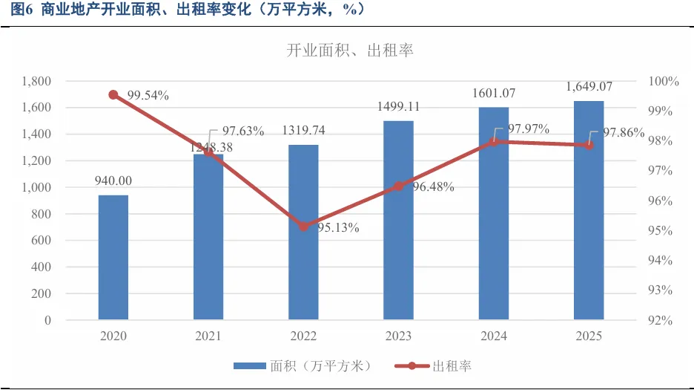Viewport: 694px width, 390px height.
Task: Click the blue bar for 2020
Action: (x=113, y=257)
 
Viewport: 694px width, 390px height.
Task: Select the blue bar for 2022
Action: (x=304, y=232)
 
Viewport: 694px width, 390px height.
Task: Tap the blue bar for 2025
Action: (x=589, y=210)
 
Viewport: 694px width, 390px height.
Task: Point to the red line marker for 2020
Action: (x=113, y=95)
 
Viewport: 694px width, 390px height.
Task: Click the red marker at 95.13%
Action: (x=304, y=227)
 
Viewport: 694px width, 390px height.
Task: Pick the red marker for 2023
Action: (x=398, y=186)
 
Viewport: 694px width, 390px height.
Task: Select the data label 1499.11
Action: (x=398, y=106)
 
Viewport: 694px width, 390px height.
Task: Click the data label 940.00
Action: (x=113, y=181)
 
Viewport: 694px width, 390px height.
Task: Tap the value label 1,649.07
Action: (x=589, y=86)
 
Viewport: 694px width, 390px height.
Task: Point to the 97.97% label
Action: (x=529, y=129)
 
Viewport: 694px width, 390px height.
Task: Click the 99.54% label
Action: (x=148, y=95)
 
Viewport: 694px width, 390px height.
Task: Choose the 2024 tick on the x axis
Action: (x=494, y=336)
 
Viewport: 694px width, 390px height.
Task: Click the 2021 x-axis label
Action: (x=208, y=336)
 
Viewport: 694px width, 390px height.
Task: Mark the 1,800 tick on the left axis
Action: (x=36, y=81)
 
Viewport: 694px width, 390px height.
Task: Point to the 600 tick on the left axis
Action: (x=42, y=240)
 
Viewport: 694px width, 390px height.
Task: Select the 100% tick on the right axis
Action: (x=664, y=81)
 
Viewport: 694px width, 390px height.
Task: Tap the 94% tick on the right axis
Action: (x=661, y=260)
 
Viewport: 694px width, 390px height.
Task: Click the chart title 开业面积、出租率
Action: (x=350, y=50)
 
